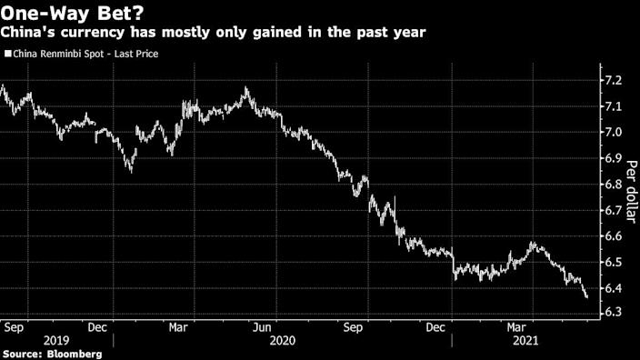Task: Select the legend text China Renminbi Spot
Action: [59, 55]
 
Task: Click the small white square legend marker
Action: [7, 55]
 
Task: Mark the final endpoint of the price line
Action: [586, 296]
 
